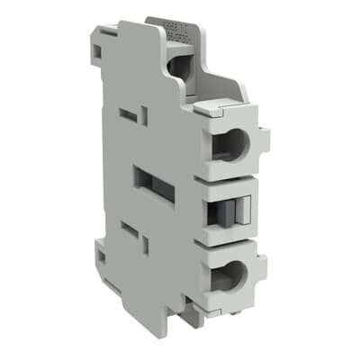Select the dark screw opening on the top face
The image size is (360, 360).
180,65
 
